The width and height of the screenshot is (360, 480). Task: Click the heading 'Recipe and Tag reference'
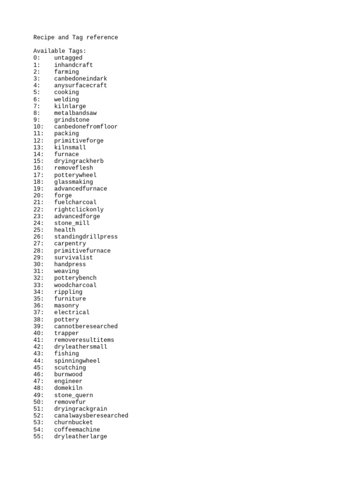[75, 37]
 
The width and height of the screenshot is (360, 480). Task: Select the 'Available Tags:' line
[60, 51]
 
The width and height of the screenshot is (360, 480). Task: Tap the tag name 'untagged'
[68, 58]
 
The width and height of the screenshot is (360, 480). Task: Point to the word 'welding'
[67, 99]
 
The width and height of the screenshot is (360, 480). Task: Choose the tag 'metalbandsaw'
[75, 113]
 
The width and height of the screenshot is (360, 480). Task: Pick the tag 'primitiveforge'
[79, 141]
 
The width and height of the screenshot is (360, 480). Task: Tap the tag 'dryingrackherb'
[79, 161]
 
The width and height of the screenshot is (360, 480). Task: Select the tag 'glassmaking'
[74, 182]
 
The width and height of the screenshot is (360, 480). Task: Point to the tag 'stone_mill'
[72, 223]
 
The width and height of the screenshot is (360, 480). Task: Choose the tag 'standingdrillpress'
[86, 237]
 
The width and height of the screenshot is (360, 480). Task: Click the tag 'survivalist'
[74, 257]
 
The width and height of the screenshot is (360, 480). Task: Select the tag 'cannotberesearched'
[86, 326]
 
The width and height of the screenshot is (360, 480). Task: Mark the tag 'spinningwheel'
[77, 361]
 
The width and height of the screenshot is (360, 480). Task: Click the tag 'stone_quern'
[74, 395]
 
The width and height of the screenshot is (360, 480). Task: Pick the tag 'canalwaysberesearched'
[91, 416]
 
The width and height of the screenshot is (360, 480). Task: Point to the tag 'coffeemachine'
[77, 429]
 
